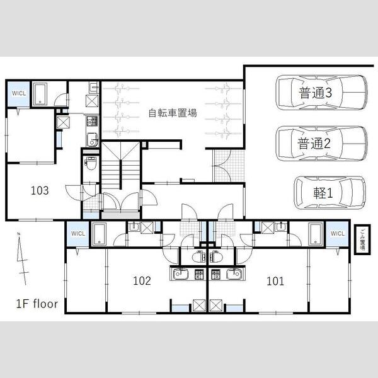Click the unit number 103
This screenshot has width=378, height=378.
pyautogui.click(x=40, y=190)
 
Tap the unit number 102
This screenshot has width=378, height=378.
pyautogui.click(x=142, y=281)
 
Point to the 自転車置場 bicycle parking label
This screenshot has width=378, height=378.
pyautogui.click(x=172, y=114)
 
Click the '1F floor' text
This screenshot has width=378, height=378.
pyautogui.click(x=37, y=304)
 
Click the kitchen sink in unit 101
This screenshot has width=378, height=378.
pyautogui.click(x=235, y=274)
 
